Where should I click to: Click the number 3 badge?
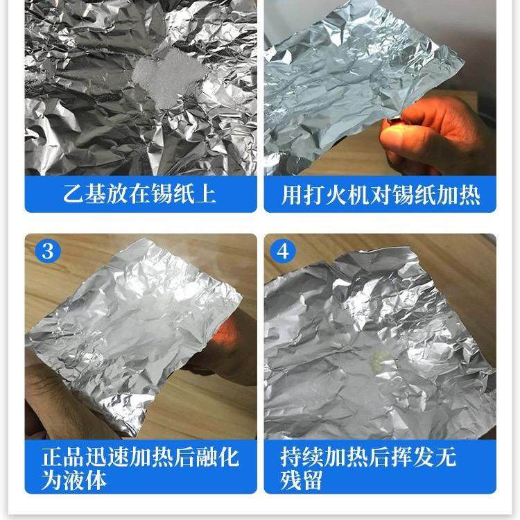[47, 250]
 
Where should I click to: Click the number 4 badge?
[282, 250]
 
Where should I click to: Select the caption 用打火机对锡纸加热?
[381, 194]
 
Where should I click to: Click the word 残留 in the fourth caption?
[301, 480]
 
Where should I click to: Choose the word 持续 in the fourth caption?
[301, 458]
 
